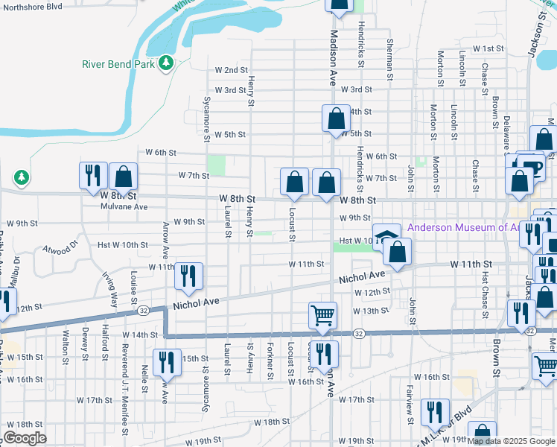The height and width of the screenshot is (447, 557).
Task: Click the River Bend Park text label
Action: point(118,63)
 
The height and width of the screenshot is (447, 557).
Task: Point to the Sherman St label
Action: point(389,56)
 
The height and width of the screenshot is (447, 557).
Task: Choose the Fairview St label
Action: point(409,396)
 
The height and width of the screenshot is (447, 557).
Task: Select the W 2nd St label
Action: point(231,70)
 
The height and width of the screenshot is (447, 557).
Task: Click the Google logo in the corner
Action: point(24,438)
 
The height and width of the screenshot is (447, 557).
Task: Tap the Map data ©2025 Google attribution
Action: point(510,441)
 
